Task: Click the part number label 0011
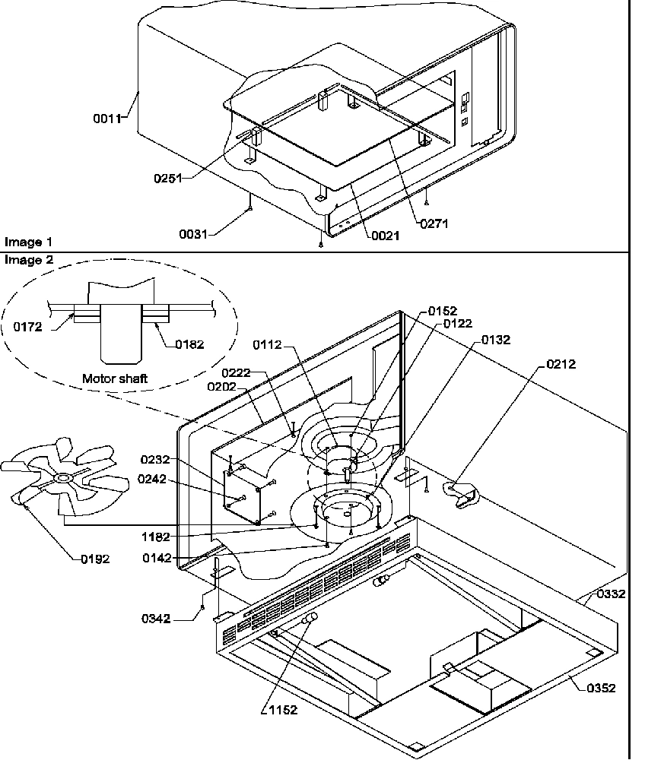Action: tap(107, 119)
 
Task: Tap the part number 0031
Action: tap(192, 234)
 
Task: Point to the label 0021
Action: tap(385, 236)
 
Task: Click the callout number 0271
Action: tap(434, 223)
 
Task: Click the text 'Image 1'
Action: tap(28, 242)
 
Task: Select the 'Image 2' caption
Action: tap(28, 260)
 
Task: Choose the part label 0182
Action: tap(189, 344)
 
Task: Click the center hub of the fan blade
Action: tap(62, 478)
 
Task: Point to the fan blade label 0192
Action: tap(95, 559)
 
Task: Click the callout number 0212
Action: tap(561, 364)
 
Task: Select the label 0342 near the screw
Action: tap(156, 618)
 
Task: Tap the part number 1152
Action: tap(282, 710)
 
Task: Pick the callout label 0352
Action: tap(601, 689)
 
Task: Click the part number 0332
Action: tap(611, 594)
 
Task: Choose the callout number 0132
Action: tap(496, 339)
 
